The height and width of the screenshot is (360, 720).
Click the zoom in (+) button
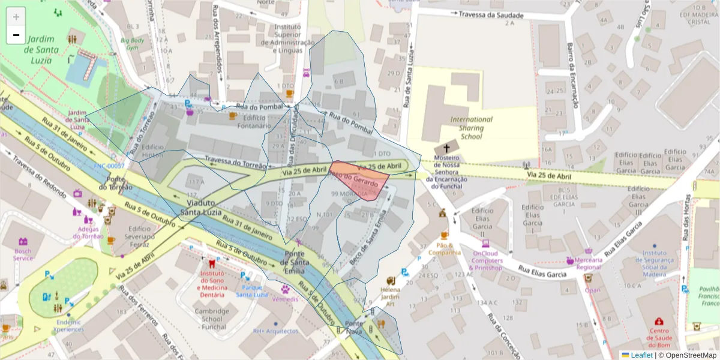16,17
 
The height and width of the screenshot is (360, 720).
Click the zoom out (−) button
16,35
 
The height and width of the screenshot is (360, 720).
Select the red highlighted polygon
361,179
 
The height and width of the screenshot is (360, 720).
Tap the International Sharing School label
471,128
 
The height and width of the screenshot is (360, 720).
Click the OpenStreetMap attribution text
691,355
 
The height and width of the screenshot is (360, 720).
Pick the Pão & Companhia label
445,248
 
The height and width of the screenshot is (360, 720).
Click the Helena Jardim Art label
390,296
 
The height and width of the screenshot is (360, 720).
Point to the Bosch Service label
23,254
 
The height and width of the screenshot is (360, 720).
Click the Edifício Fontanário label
254,122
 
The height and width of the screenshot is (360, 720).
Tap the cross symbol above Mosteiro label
446,148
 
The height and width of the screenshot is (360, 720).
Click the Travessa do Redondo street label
39,175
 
